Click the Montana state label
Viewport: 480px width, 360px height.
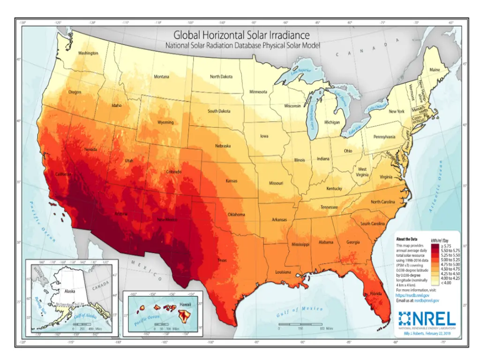click(x=162, y=76)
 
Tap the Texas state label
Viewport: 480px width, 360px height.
click(x=222, y=260)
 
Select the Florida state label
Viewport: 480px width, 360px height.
click(x=376, y=294)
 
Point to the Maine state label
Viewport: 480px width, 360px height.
click(x=435, y=70)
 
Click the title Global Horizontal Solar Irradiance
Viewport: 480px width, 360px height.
click(x=242, y=35)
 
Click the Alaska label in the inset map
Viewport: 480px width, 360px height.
click(x=70, y=291)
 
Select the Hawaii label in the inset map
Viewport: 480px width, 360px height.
click(x=184, y=305)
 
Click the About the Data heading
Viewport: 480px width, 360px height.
click(x=406, y=239)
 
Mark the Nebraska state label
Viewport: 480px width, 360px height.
click(x=223, y=146)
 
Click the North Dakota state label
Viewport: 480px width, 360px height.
click(x=221, y=76)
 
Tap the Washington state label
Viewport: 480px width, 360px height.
click(x=88, y=53)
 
